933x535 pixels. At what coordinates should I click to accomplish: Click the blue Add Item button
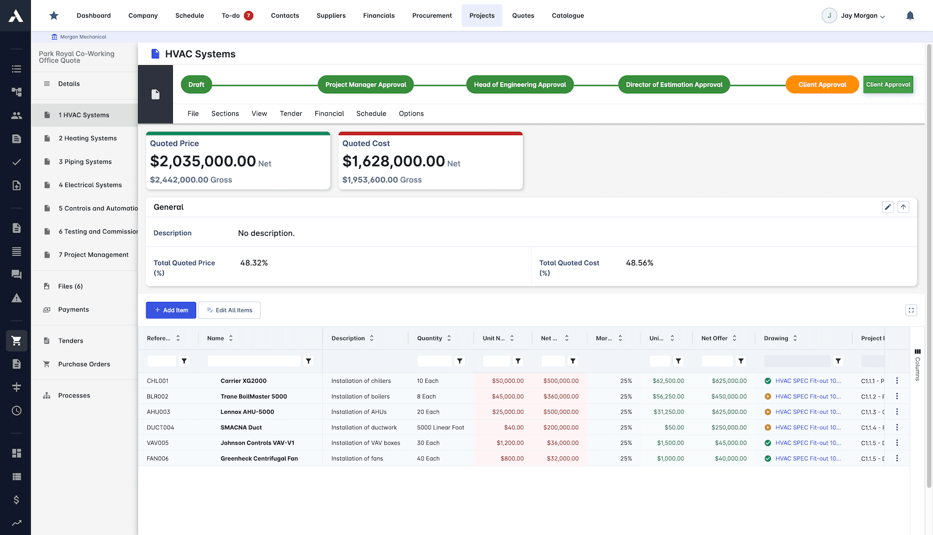click(171, 310)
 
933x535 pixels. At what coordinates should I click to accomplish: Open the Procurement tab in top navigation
click(431, 16)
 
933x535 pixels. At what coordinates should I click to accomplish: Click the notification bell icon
click(910, 16)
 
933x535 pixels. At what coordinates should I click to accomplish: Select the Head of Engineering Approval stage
click(519, 85)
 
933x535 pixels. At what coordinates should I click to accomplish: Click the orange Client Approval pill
click(822, 85)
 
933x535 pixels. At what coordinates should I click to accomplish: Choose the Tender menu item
click(290, 114)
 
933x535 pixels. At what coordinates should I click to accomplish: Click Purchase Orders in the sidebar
click(84, 364)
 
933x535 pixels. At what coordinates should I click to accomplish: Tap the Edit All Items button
click(229, 310)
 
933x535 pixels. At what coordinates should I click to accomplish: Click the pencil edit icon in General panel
click(888, 207)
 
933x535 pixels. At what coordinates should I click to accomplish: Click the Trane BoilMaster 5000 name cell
click(253, 396)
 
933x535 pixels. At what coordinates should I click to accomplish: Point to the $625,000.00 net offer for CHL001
click(729, 381)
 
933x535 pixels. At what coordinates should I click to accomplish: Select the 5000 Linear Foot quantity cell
click(440, 428)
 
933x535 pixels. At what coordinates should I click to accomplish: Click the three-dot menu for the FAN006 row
click(897, 458)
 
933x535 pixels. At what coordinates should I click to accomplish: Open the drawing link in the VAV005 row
click(808, 443)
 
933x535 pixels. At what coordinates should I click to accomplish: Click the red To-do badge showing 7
click(248, 16)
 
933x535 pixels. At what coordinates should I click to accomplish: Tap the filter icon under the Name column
click(308, 361)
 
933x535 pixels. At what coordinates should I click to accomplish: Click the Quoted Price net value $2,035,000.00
click(203, 161)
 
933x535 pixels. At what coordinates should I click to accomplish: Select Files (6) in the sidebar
click(70, 286)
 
